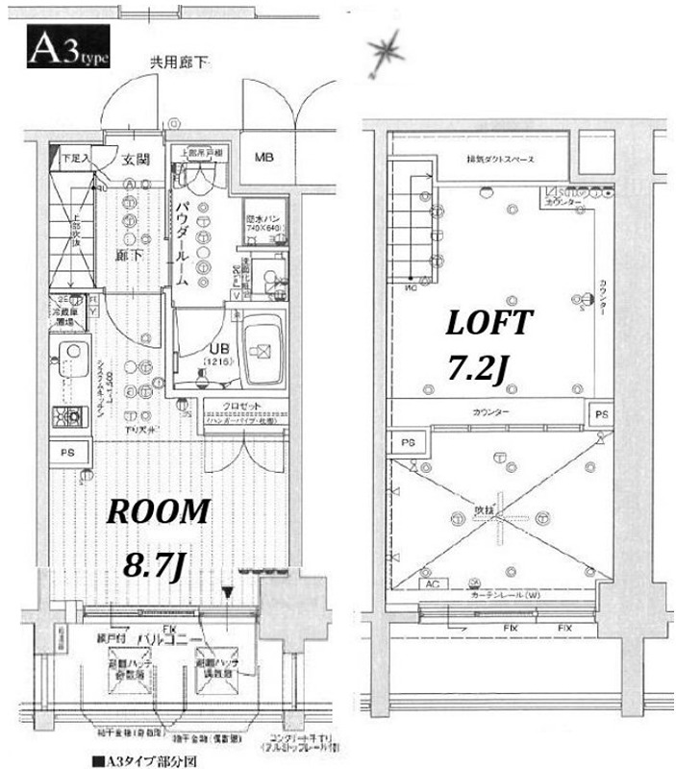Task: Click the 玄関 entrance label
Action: coord(133,160)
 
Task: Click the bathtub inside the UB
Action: coord(261,351)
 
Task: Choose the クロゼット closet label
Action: coord(241,407)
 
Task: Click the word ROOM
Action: coord(157,512)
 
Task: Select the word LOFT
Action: coord(488,324)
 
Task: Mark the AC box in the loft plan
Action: coord(429,583)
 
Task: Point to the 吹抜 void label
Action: coord(485,510)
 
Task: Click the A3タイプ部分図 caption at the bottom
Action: coord(144,760)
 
